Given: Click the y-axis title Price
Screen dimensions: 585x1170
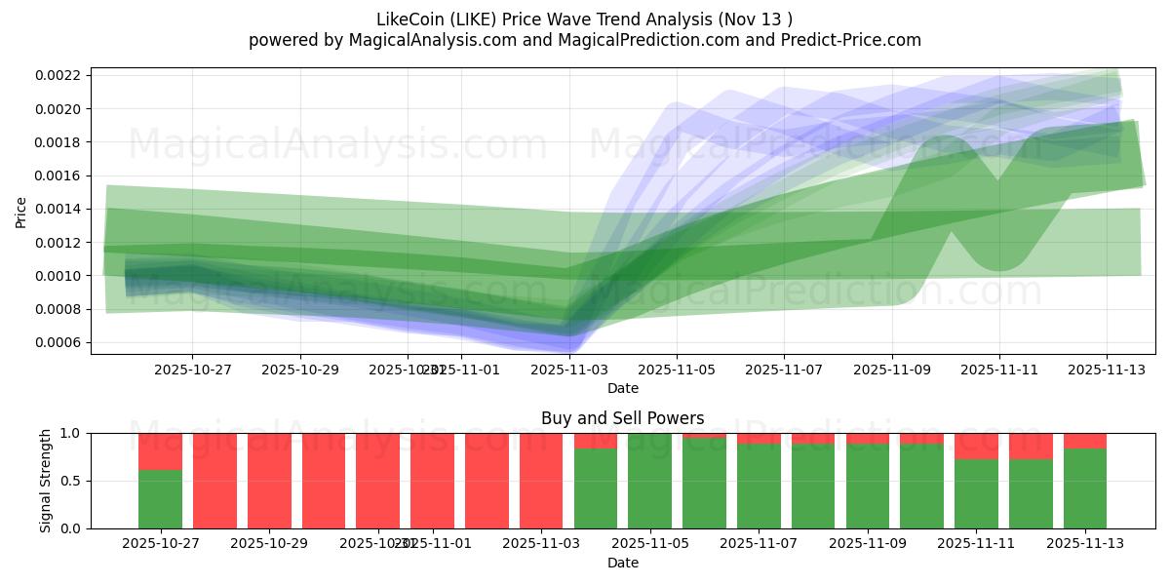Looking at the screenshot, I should tap(20, 212).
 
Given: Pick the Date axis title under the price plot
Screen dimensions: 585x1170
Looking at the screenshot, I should tap(623, 388).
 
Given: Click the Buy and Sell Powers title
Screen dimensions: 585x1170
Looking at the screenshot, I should tap(623, 418).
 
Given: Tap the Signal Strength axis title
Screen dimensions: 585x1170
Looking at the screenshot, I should tap(46, 481).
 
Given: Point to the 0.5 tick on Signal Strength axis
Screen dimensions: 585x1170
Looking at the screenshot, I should tap(73, 482).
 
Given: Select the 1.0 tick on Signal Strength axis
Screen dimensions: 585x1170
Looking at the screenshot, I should tap(73, 433).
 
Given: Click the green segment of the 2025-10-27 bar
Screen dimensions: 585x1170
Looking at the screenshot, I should tap(160, 499).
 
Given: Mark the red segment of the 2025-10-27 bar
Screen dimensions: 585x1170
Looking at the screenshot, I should tap(160, 451).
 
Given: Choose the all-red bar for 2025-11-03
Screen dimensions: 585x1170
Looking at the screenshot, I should tap(541, 481).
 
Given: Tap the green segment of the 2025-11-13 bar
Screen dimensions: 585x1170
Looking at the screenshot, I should tap(1084, 488).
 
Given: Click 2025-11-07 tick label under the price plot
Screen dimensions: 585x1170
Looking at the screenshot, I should tap(784, 370).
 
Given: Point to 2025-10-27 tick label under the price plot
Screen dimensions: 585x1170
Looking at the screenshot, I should tap(191, 370).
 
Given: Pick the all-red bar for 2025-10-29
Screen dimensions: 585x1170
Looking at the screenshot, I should tap(269, 481).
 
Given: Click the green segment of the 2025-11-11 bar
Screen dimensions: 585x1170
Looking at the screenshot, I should tap(976, 494).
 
